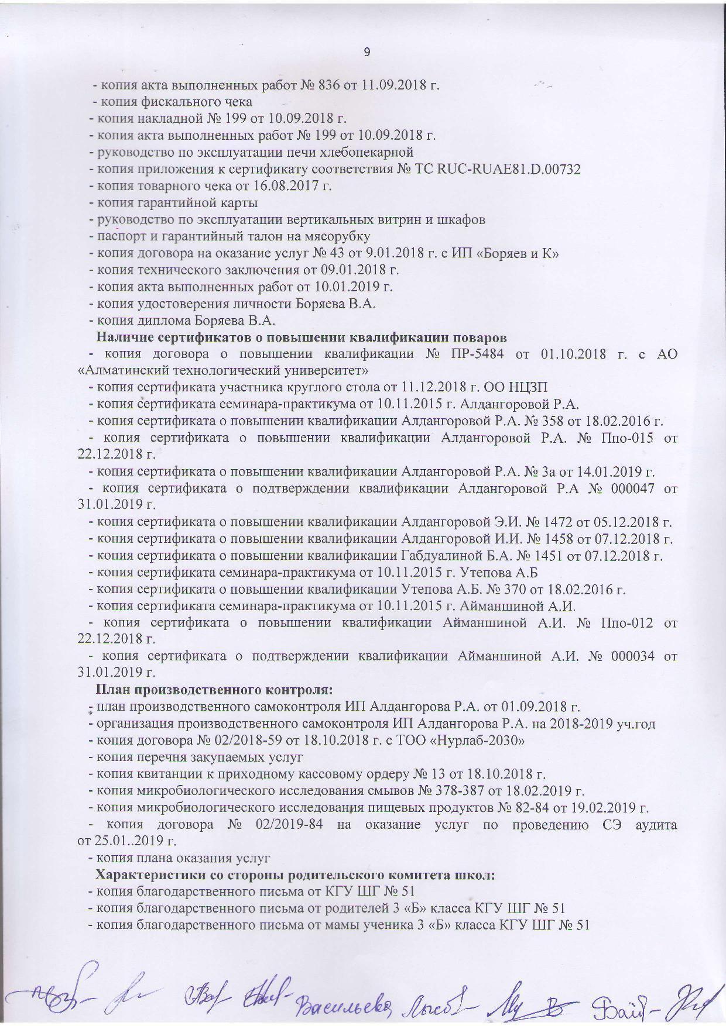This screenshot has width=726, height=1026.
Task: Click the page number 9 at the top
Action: (x=367, y=52)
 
